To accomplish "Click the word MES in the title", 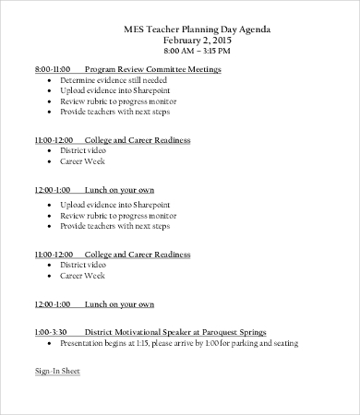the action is coord(133,29).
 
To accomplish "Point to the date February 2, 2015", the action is coord(198,41).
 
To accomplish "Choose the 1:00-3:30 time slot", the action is coord(50,331).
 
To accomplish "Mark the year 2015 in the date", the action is coord(222,41).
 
